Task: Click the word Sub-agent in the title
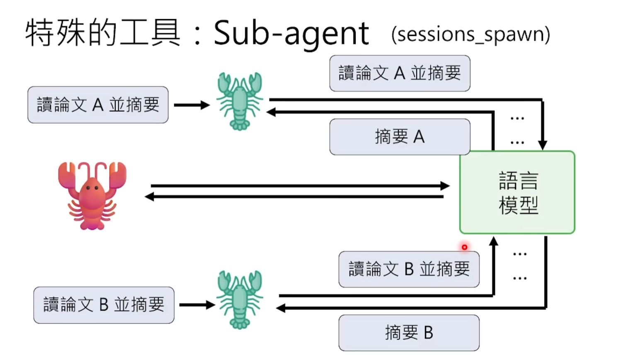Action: coord(291,33)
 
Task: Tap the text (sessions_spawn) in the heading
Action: coord(470,34)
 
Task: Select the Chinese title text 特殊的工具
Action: coord(103,33)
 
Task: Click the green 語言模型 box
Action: coord(517,192)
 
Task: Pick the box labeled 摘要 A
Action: coord(400,137)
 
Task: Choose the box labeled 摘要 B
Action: coord(409,333)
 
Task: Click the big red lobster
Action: coord(92,195)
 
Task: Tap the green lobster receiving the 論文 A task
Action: coord(240,101)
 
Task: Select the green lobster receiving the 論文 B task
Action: coord(240,299)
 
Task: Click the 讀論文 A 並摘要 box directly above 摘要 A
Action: coord(400,73)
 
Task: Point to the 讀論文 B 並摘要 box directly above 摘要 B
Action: coord(409,269)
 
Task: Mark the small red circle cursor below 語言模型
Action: coord(464,247)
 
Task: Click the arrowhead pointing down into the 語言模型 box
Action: coord(542,145)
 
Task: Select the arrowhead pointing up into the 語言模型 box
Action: coord(493,241)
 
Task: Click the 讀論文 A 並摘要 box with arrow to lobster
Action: coord(98,105)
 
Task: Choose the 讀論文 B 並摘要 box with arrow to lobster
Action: coord(104,305)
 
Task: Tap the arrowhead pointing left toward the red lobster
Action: coord(150,197)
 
